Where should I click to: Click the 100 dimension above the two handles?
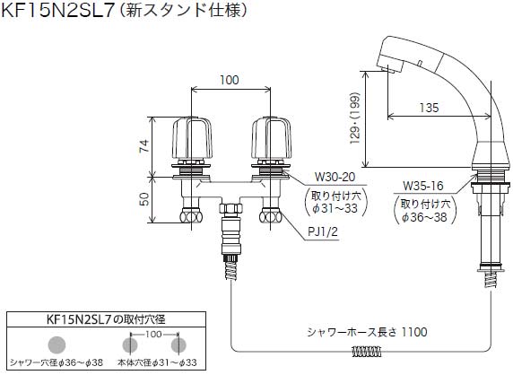[x=229, y=80]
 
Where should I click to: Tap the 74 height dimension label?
[x=144, y=146]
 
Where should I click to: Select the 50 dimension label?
[x=144, y=199]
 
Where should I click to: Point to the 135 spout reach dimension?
[x=430, y=108]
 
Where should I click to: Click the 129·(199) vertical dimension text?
[x=355, y=118]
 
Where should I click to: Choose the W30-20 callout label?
[x=335, y=177]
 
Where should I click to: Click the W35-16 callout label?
[x=422, y=186]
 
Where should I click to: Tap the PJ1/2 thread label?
[x=323, y=232]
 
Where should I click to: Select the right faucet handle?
[x=271, y=139]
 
